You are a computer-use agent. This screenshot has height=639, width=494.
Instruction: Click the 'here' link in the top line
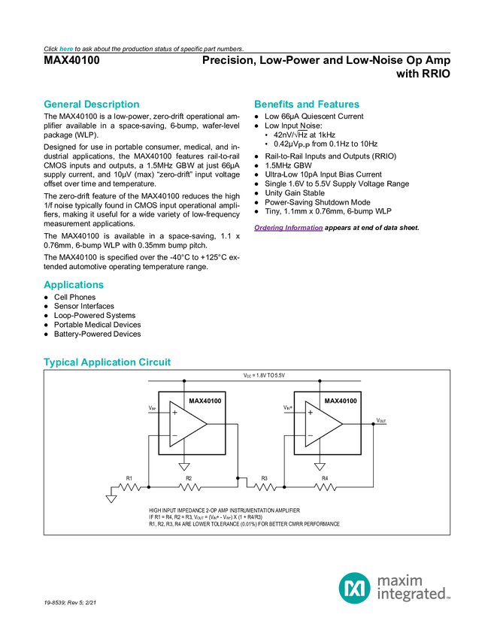click(66, 49)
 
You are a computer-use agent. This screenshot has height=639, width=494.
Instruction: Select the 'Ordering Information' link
click(289, 228)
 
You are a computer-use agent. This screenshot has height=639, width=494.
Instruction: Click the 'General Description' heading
click(92, 104)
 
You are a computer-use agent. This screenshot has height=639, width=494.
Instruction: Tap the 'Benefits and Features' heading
click(307, 104)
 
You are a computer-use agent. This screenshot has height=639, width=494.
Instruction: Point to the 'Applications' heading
click(74, 285)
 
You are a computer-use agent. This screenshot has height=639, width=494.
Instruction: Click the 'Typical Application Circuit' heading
click(108, 362)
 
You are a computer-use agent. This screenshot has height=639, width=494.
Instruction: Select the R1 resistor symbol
click(129, 487)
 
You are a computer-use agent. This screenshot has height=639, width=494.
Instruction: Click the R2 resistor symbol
click(189, 487)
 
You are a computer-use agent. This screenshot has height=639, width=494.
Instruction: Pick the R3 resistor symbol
click(265, 487)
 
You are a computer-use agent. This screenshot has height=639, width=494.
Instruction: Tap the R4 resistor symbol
click(326, 487)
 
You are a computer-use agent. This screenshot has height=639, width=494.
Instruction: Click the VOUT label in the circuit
click(381, 420)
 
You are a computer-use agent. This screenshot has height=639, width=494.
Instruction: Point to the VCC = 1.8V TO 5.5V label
click(264, 375)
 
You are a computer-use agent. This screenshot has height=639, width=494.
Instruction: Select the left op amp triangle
click(188, 424)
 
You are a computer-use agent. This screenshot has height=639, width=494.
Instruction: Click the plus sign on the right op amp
click(311, 413)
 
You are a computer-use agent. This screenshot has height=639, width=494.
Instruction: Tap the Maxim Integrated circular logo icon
click(355, 588)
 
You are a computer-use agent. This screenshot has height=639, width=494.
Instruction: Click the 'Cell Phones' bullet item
click(75, 297)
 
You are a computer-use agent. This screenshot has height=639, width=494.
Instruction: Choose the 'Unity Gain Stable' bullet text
click(295, 192)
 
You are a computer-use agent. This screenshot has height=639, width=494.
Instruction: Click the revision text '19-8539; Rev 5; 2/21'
click(70, 602)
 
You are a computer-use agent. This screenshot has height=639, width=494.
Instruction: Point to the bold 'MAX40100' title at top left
click(71, 60)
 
